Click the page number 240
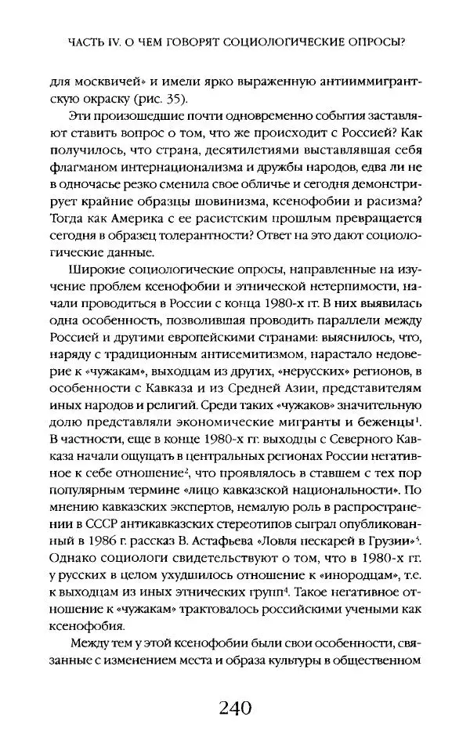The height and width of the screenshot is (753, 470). click(x=235, y=709)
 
